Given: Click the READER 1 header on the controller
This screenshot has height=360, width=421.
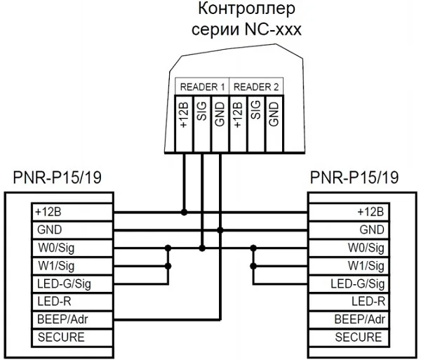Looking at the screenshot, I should pos(202,87).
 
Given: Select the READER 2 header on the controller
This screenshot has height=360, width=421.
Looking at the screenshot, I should pos(256,87).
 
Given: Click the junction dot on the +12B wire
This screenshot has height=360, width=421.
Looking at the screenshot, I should pos(184,211).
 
